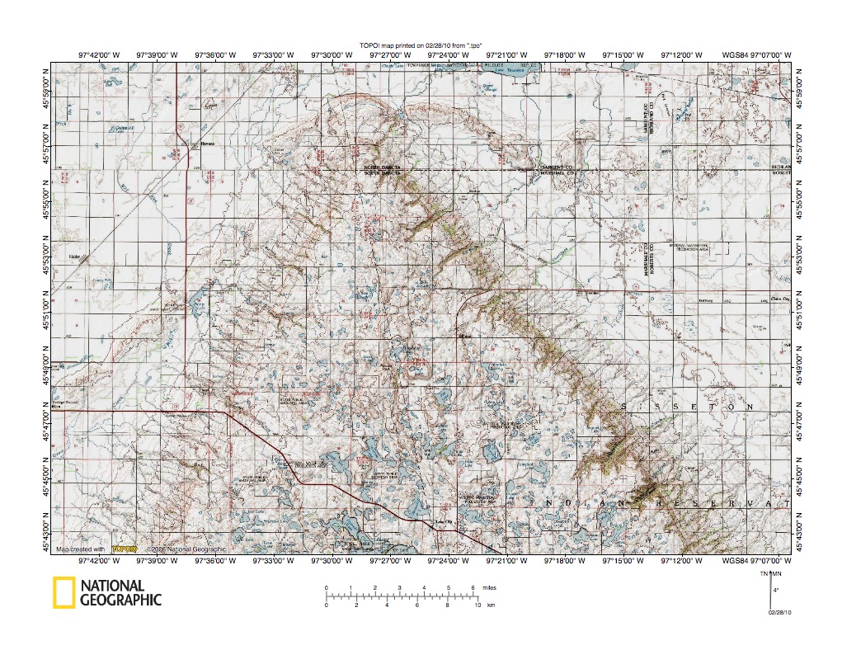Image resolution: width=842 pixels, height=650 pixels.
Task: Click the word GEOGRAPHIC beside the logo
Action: [x=120, y=601]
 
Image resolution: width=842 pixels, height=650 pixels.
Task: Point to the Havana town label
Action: [x=207, y=142]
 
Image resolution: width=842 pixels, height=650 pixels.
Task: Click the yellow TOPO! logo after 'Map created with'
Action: [x=124, y=548]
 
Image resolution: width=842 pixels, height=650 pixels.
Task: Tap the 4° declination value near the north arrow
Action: [x=777, y=590]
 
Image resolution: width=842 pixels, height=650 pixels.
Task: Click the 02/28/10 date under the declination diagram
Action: [x=779, y=613]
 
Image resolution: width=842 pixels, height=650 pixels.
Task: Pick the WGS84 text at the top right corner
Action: [x=736, y=55]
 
